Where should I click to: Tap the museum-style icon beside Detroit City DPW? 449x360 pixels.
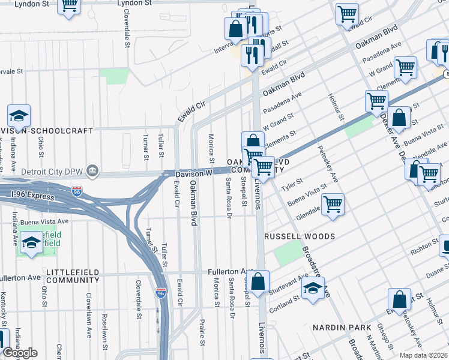(91, 171)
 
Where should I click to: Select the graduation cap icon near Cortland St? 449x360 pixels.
(313, 289)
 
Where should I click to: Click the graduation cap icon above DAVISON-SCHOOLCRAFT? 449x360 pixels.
(19, 115)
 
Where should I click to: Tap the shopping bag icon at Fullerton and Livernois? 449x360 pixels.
(258, 281)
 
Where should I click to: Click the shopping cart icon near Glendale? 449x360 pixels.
(333, 203)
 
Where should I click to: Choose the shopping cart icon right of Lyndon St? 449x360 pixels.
(70, 5)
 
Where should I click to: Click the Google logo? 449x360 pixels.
(20, 353)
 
